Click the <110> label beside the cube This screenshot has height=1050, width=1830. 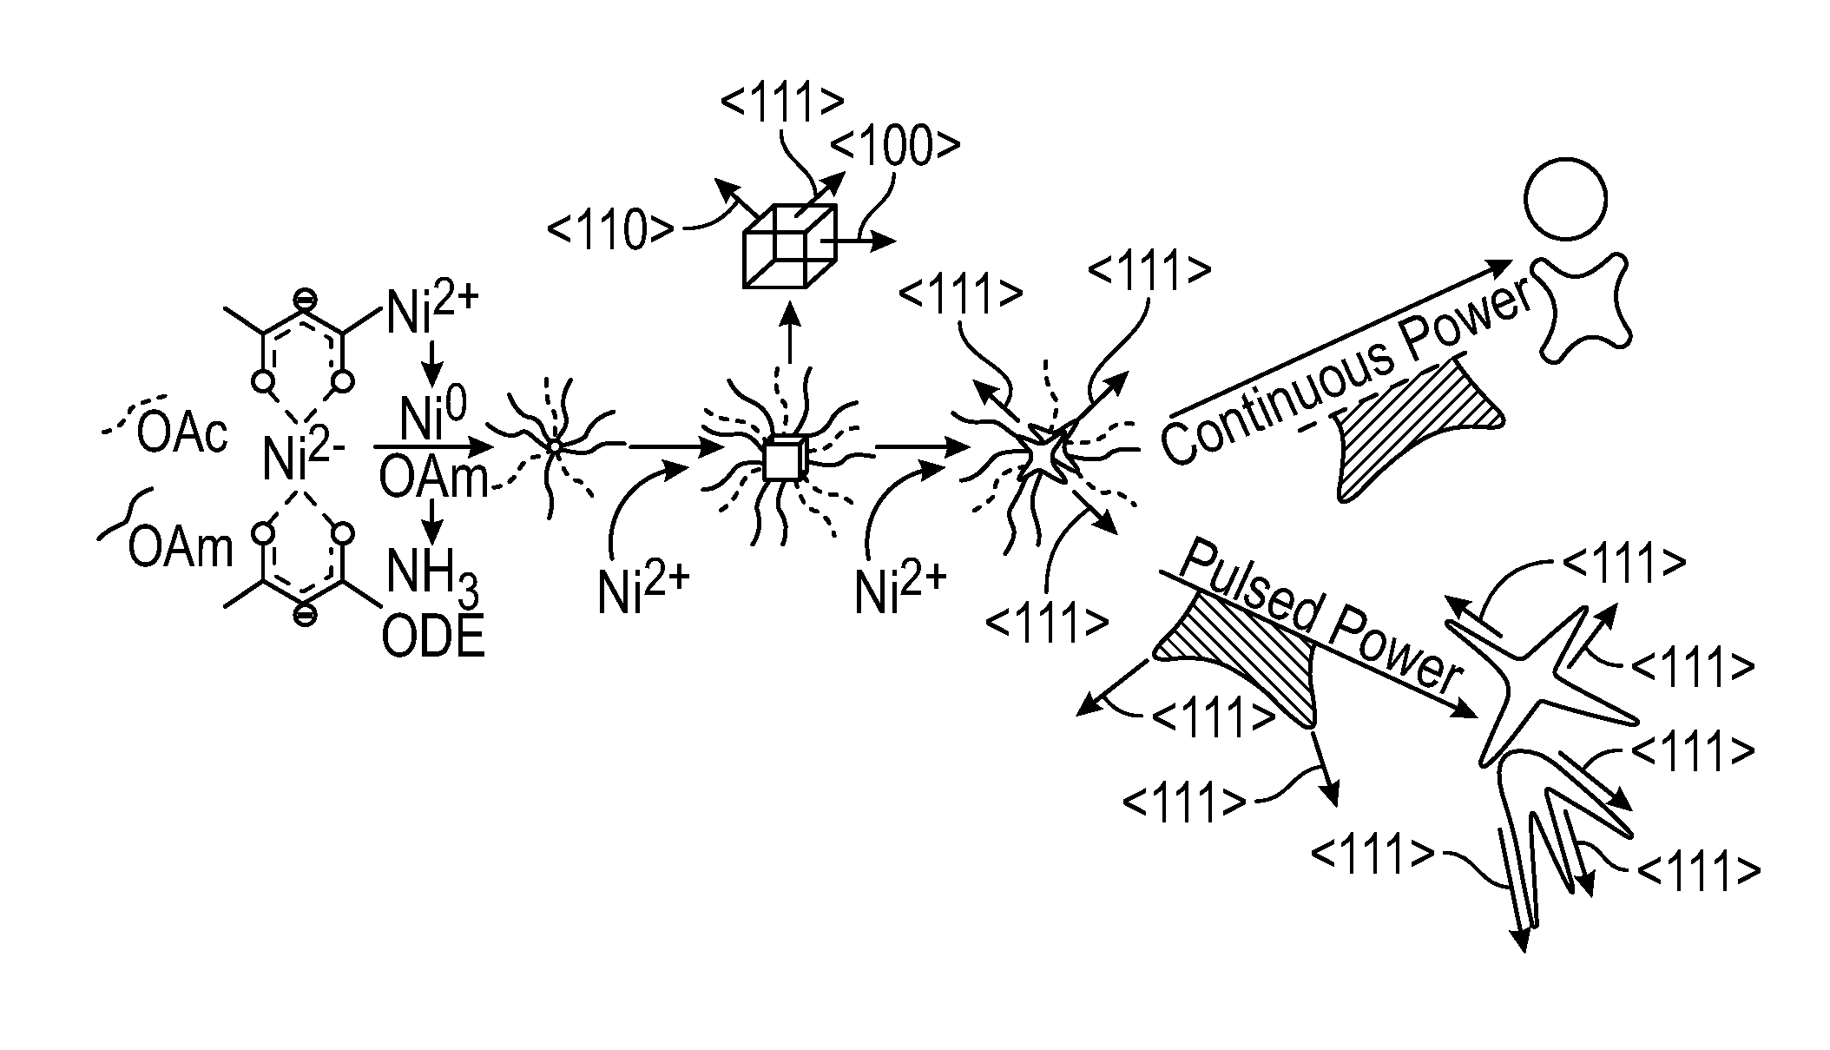coord(609,230)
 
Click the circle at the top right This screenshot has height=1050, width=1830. coord(1564,199)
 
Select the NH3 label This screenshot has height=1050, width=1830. coord(431,575)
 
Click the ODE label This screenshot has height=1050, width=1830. coord(432,638)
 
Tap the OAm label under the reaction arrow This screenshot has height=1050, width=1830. coord(432,477)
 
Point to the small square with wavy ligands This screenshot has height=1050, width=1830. coord(784,459)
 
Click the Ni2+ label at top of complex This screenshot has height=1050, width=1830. coord(431,310)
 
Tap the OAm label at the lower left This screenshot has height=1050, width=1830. coord(181,547)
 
